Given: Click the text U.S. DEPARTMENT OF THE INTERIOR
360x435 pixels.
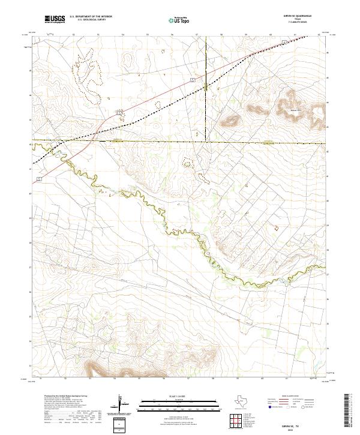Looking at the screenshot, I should pos(91,17).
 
